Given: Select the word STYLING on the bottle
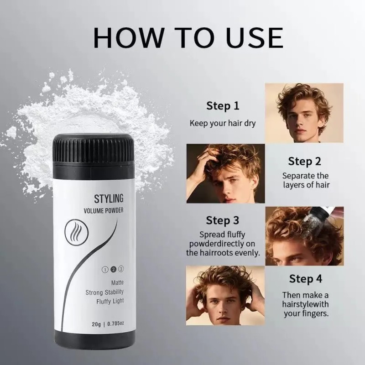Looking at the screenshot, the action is coord(109,198).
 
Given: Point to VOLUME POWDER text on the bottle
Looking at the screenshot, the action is coord(104,211).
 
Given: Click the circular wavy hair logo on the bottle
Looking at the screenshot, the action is coord(77,233).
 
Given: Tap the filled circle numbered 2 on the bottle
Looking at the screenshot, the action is coord(113,269).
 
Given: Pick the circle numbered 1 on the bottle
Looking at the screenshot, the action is coord(105,270).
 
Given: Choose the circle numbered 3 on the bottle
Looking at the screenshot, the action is coord(121,269).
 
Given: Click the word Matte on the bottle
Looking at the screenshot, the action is coord(117,282).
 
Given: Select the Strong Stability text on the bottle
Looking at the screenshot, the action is coord(104,292).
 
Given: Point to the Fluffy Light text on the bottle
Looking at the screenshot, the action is coord(110,302).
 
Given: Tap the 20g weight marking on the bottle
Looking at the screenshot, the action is coord(96,324).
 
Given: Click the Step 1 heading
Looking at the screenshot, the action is coord(223,106).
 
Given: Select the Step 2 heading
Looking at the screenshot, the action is coord(304,162).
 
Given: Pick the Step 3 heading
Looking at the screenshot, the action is coord(223,220).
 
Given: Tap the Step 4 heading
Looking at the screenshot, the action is coord(306,279).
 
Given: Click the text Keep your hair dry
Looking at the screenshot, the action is coord(223,123).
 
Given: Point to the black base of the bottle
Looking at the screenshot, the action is coord(95,340).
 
